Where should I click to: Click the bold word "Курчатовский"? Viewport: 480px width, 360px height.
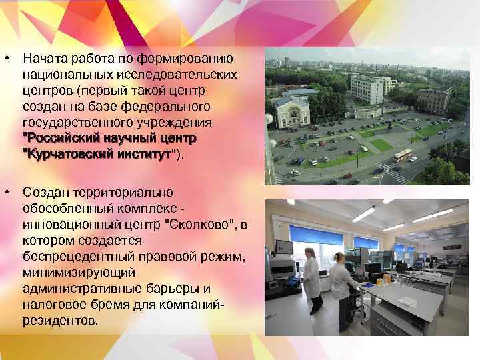(x=67, y=155)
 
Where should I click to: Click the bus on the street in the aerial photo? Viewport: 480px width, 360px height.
(x=403, y=155)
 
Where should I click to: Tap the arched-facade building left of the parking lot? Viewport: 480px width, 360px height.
(x=292, y=112)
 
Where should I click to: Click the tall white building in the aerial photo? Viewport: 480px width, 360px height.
(x=367, y=89)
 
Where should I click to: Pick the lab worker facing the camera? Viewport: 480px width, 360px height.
(x=311, y=280)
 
